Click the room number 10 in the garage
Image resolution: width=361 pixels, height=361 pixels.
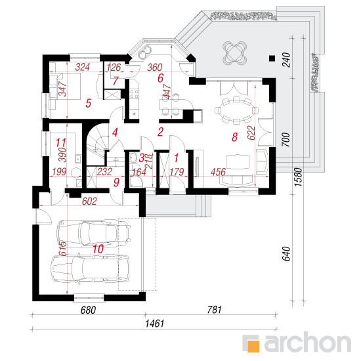(x=98, y=249)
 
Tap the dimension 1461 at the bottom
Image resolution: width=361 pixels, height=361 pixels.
(x=154, y=324)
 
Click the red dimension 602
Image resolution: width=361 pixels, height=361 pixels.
(x=89, y=202)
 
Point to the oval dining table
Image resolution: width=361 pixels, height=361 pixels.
(x=236, y=111)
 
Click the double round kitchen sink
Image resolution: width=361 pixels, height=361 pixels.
(x=145, y=52)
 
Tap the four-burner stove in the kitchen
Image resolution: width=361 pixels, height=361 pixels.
(x=134, y=94)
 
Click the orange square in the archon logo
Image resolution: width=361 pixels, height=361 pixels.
(x=253, y=346)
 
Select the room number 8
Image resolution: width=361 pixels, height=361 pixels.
(x=234, y=137)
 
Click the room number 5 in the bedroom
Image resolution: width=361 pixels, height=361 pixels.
(x=89, y=103)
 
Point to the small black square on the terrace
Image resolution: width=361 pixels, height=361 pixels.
(x=272, y=58)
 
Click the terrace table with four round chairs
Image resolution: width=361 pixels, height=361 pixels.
(x=234, y=54)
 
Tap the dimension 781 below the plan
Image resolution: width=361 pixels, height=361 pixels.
(x=215, y=310)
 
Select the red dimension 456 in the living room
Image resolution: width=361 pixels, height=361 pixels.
(x=219, y=172)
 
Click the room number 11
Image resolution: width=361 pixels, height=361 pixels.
(x=61, y=142)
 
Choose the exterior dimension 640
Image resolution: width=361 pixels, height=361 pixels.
(x=286, y=254)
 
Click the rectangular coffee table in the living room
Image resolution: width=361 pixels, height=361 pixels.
(x=238, y=162)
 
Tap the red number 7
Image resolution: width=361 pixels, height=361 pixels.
(x=116, y=81)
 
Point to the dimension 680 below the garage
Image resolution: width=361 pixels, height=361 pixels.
(x=88, y=310)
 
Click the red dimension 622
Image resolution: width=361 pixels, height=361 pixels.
(x=251, y=133)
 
